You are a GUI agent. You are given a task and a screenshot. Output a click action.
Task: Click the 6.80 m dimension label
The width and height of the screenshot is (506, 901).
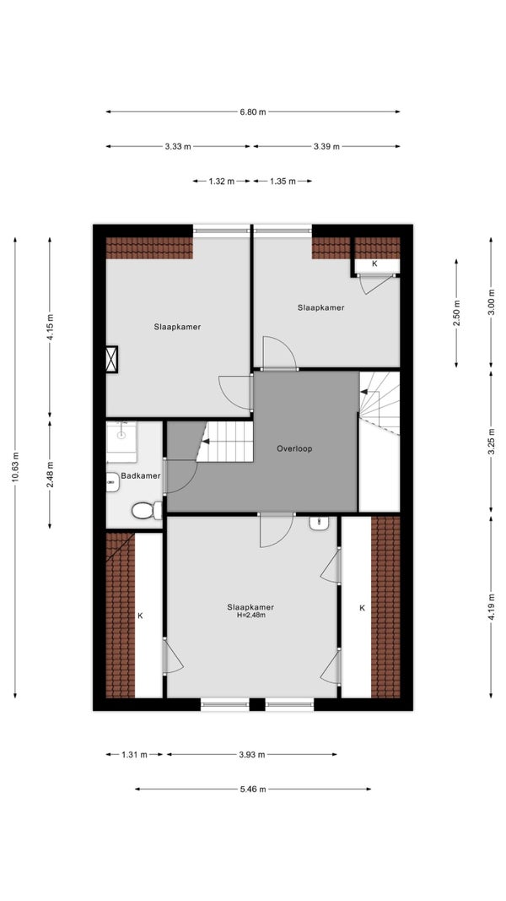coord(252,112)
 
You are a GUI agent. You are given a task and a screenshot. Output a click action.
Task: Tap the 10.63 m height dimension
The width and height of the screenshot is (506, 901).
coord(15,468)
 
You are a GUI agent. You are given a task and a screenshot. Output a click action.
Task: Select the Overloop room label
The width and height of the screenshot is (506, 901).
coord(294,448)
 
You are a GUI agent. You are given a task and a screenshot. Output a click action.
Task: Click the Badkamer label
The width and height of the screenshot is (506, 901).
coord(141,475)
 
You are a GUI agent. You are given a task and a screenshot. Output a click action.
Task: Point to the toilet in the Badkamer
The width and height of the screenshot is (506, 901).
coord(148,510)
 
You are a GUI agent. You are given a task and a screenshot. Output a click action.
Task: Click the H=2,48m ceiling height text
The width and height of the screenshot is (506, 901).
coord(250,615)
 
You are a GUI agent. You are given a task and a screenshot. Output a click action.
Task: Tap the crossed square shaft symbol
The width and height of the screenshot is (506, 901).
coord(112,360)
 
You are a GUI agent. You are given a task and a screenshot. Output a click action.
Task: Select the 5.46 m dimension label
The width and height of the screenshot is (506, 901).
coord(252,789)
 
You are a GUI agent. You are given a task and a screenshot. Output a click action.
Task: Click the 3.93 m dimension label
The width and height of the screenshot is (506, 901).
coord(252,754)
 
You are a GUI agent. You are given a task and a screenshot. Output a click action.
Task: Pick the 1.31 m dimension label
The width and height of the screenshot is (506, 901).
coord(134,754)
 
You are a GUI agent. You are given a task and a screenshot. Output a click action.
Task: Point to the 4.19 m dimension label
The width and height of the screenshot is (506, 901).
coord(491,607)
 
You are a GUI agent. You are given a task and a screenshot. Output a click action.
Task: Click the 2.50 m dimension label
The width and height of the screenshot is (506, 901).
coord(456,313)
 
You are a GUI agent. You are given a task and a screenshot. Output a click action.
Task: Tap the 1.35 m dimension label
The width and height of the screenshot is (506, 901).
coord(283,181)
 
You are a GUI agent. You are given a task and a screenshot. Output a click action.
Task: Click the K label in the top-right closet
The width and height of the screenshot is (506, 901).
coord(375,263)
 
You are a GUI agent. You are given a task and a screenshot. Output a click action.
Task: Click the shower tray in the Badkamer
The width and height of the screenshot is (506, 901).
coord(121,442)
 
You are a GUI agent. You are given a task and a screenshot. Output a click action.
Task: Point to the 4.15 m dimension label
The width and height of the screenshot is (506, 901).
coord(50,328)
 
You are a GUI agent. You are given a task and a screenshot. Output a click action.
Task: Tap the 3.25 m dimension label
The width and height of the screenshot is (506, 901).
coord(491,442)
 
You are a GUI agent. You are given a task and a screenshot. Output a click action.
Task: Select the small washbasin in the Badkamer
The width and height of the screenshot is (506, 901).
coord(112,482)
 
